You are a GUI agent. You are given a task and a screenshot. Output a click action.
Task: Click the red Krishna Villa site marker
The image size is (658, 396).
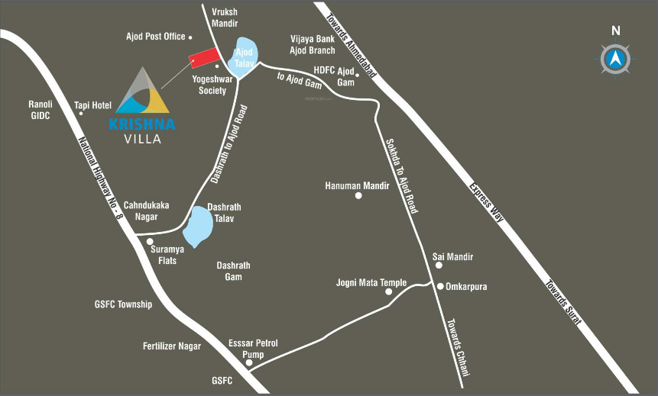pyautogui.click(x=203, y=60)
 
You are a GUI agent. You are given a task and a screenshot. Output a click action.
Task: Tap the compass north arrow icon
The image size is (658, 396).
pyautogui.click(x=615, y=58)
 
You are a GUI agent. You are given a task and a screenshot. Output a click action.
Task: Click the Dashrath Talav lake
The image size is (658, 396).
pyautogui.click(x=199, y=227)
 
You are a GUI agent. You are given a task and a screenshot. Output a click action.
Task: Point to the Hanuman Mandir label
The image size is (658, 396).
pyautogui.click(x=353, y=185)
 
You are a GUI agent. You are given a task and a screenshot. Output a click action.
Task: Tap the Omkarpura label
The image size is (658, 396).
pyautogui.click(x=467, y=287)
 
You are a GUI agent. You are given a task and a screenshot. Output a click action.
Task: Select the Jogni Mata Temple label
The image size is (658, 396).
pyautogui.click(x=371, y=282)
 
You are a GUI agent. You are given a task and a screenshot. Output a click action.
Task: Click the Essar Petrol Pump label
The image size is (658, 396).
pyautogui.click(x=253, y=349)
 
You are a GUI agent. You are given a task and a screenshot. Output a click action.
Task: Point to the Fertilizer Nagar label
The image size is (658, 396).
pyautogui.click(x=172, y=346)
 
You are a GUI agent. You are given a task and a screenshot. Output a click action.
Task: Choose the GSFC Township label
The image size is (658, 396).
pyautogui.click(x=124, y=304)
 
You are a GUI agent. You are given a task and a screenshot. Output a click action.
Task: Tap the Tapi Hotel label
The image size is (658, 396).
pyautogui.click(x=92, y=105)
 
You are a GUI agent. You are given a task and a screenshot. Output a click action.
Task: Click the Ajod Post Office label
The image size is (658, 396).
pyautogui.click(x=156, y=36)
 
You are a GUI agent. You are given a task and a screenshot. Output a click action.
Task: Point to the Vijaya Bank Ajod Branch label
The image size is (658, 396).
pyautogui.click(x=313, y=44)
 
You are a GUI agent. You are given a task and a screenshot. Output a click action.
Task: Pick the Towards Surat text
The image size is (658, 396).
pyautogui.click(x=562, y=301)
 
